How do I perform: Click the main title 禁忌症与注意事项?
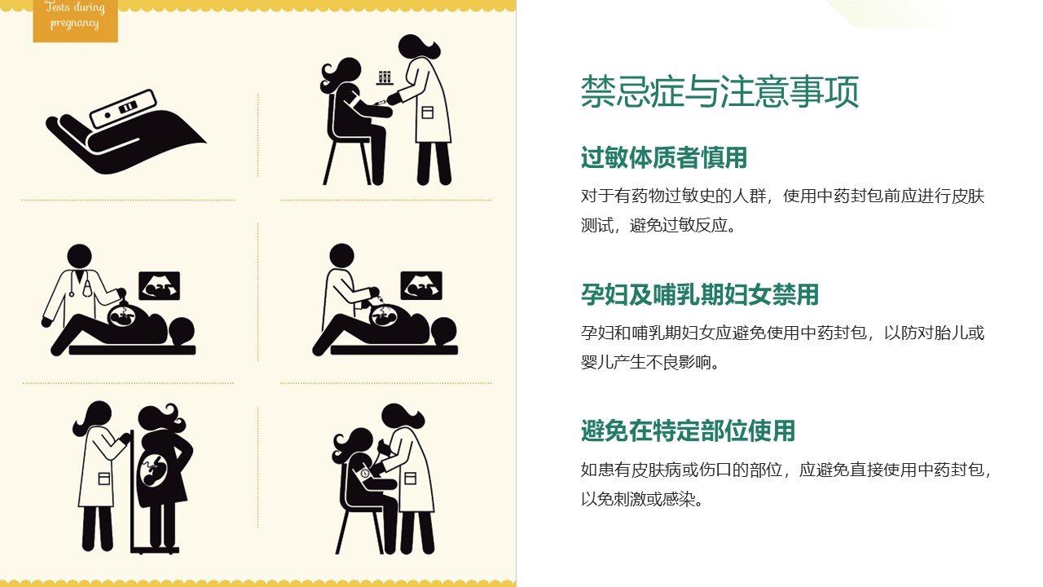point(720,91)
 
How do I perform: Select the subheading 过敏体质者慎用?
point(663,157)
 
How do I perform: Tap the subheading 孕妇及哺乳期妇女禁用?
point(699,294)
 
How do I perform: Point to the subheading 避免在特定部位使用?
point(688,430)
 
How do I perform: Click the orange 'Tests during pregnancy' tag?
point(75,20)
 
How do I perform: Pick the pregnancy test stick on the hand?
point(123,108)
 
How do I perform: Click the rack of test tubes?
point(384,77)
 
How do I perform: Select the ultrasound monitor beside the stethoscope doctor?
point(159,285)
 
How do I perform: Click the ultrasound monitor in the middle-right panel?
point(421,285)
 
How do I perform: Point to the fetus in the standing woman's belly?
point(154,470)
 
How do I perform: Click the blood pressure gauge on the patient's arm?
point(364,474)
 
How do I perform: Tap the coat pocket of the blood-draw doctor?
point(427,113)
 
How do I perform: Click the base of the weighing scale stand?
point(155,550)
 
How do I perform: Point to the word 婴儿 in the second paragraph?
point(596,362)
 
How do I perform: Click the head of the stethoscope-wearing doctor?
point(79,257)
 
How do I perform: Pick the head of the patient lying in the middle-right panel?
point(444,332)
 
